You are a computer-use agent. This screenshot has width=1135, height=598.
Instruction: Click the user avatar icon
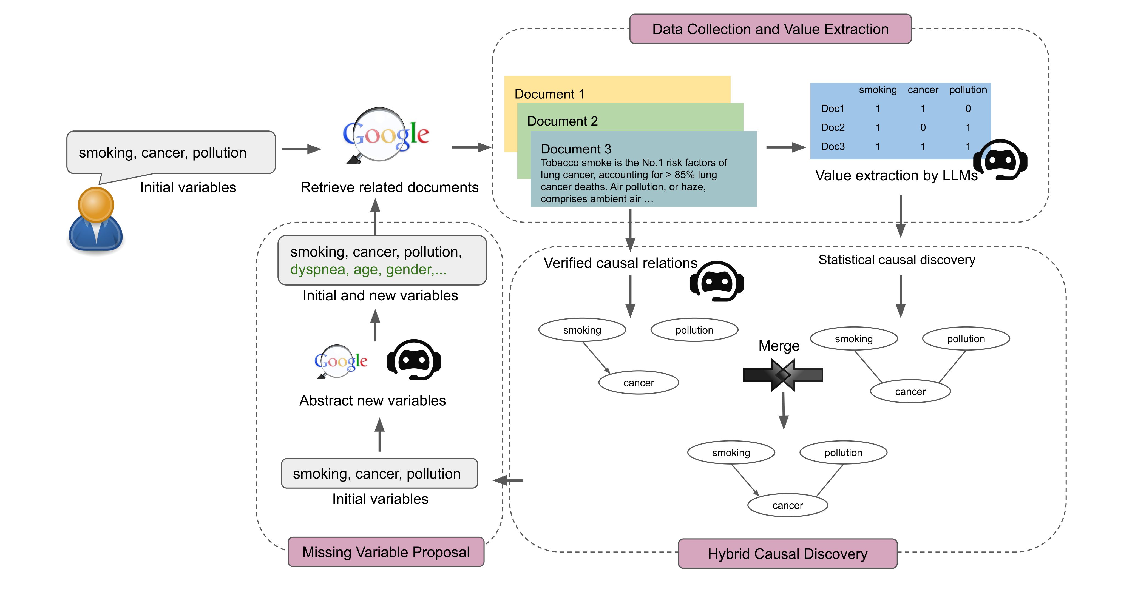[96, 221]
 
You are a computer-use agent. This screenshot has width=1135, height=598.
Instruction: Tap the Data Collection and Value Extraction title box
[770, 29]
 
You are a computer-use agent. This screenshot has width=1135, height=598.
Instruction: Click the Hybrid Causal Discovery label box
[787, 554]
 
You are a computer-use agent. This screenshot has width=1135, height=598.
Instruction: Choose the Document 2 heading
[562, 121]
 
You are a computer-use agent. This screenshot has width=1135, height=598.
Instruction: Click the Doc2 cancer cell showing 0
[923, 128]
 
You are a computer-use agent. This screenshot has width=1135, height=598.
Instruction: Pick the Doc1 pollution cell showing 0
[967, 109]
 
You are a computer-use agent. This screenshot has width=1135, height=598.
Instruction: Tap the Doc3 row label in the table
[832, 147]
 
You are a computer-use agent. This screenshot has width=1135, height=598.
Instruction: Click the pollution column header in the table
[967, 90]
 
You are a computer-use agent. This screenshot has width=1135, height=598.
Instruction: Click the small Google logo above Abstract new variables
[340, 361]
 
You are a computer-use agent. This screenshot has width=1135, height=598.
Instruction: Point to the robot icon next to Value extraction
[1000, 160]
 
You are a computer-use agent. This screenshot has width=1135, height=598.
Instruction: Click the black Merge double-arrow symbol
[782, 375]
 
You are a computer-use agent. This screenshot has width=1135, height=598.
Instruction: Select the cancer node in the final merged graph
[787, 505]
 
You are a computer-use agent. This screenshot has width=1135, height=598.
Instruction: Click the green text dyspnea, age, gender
[368, 269]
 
